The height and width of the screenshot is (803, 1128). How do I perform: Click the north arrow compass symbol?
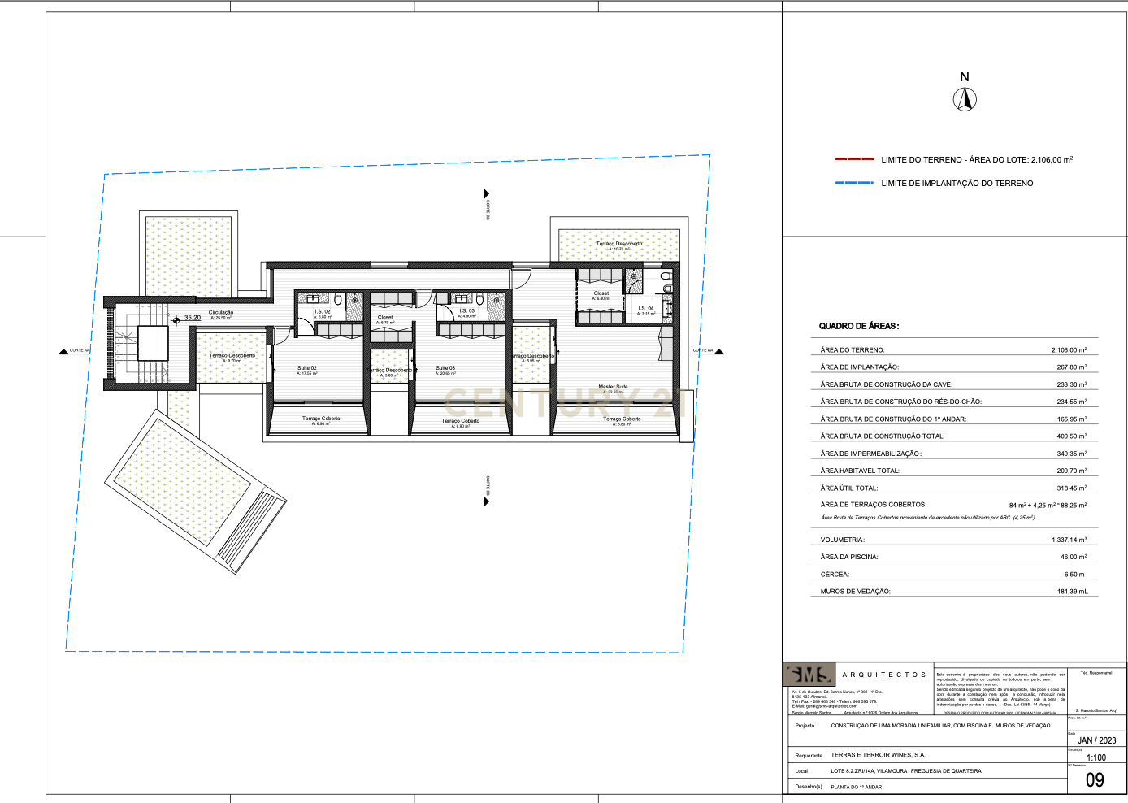[x=965, y=99]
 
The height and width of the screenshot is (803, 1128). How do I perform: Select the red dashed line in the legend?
[x=854, y=159]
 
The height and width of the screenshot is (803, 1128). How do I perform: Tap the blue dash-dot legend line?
[x=854, y=183]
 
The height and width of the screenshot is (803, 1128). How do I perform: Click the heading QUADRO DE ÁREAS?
[x=858, y=326]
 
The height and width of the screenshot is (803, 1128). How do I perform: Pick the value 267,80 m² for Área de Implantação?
[x=1071, y=367]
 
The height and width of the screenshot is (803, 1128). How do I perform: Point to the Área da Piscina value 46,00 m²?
[x=1073, y=558]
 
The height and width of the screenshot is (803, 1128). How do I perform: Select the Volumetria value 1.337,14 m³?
[x=1069, y=540]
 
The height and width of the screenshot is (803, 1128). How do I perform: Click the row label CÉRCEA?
[x=835, y=575]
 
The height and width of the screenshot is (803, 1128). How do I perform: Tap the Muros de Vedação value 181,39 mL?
[x=1072, y=592]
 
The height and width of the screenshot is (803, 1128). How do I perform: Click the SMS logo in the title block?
[x=809, y=675]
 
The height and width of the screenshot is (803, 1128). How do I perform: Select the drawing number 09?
[x=1095, y=780]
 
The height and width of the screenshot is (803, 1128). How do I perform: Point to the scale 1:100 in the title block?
[x=1095, y=757]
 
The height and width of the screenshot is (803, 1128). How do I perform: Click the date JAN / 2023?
[x=1096, y=740]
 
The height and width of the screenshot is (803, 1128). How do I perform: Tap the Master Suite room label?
[x=613, y=387]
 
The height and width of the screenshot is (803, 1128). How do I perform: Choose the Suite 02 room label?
[x=306, y=368]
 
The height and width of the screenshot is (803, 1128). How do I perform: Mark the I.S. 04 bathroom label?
[x=645, y=309]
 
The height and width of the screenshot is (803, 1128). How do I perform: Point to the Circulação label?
[x=220, y=313]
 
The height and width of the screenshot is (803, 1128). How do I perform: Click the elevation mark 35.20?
[x=192, y=318]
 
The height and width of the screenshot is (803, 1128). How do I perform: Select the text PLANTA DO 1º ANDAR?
[x=856, y=787]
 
